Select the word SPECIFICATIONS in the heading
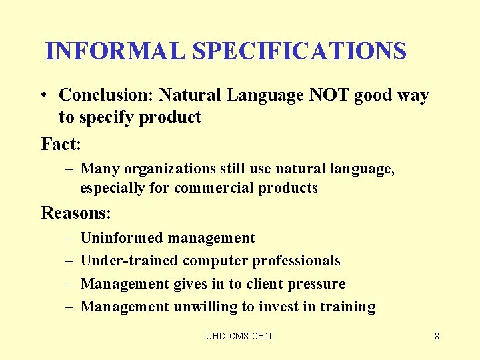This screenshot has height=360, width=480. coord(299,51)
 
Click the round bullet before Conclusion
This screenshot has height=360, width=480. coord(43,96)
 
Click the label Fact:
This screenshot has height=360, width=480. coord(61,143)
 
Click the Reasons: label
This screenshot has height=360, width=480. coord(76,213)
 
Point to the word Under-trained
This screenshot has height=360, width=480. coord(129,261)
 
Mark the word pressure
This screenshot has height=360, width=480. coord(317,284)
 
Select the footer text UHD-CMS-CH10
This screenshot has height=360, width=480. coord(239,336)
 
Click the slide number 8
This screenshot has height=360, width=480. coord(437,336)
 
